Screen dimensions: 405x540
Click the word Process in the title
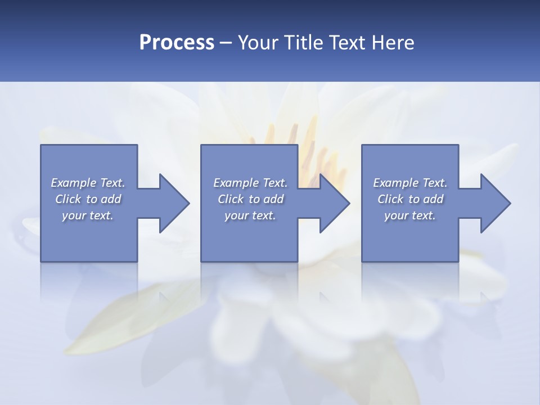tap(177, 43)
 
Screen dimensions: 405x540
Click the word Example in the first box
tap(74, 183)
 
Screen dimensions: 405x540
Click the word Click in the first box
tap(68, 199)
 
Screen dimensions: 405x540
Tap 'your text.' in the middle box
tap(250, 215)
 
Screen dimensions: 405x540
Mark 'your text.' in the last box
tap(409, 215)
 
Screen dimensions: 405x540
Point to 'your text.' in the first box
tap(87, 215)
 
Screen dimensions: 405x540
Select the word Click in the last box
tap(390, 199)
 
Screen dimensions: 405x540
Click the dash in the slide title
tap(226, 43)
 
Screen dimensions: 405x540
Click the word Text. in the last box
tap(434, 183)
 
